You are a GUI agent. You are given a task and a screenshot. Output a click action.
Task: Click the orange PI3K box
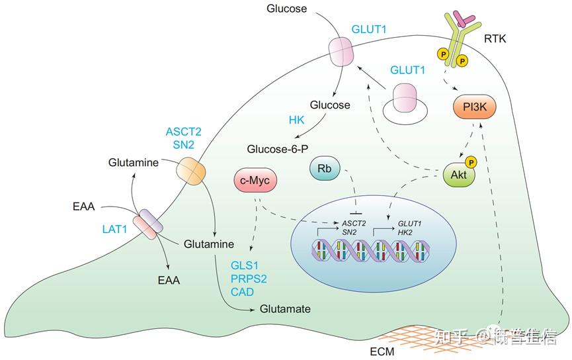coord(475,107)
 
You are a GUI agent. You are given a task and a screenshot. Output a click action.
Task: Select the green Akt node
coord(459,175)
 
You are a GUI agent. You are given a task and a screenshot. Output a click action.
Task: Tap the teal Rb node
coord(324,169)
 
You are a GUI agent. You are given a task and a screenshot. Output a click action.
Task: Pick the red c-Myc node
coord(255,181)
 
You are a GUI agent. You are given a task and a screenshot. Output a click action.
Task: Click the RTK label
coord(495,38)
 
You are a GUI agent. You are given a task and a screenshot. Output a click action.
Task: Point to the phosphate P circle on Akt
coord(471,163)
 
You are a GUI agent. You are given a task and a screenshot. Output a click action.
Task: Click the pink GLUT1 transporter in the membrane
coord(341,52)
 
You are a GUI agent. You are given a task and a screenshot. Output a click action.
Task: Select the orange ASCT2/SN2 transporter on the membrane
coord(191,171)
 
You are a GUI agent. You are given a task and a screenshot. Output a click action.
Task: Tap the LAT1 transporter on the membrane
coord(147,224)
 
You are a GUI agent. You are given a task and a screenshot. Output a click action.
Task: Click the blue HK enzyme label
coord(296,120)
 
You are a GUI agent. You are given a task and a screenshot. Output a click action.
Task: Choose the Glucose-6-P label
coord(278,149)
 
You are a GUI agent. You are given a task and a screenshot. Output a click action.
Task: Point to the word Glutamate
coord(285,309)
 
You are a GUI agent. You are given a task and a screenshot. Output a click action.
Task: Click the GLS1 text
coord(245,265)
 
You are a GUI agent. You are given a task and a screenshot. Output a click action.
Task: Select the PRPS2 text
coord(249,279)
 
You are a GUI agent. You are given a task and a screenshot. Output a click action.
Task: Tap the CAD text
coord(242,292)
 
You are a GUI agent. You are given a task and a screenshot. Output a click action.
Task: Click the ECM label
coord(382,351)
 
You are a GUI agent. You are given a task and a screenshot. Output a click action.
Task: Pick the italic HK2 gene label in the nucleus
coord(405,232)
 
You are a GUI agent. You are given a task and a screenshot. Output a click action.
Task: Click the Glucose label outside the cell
coord(287,9)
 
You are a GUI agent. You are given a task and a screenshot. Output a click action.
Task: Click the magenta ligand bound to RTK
coord(463,19)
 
